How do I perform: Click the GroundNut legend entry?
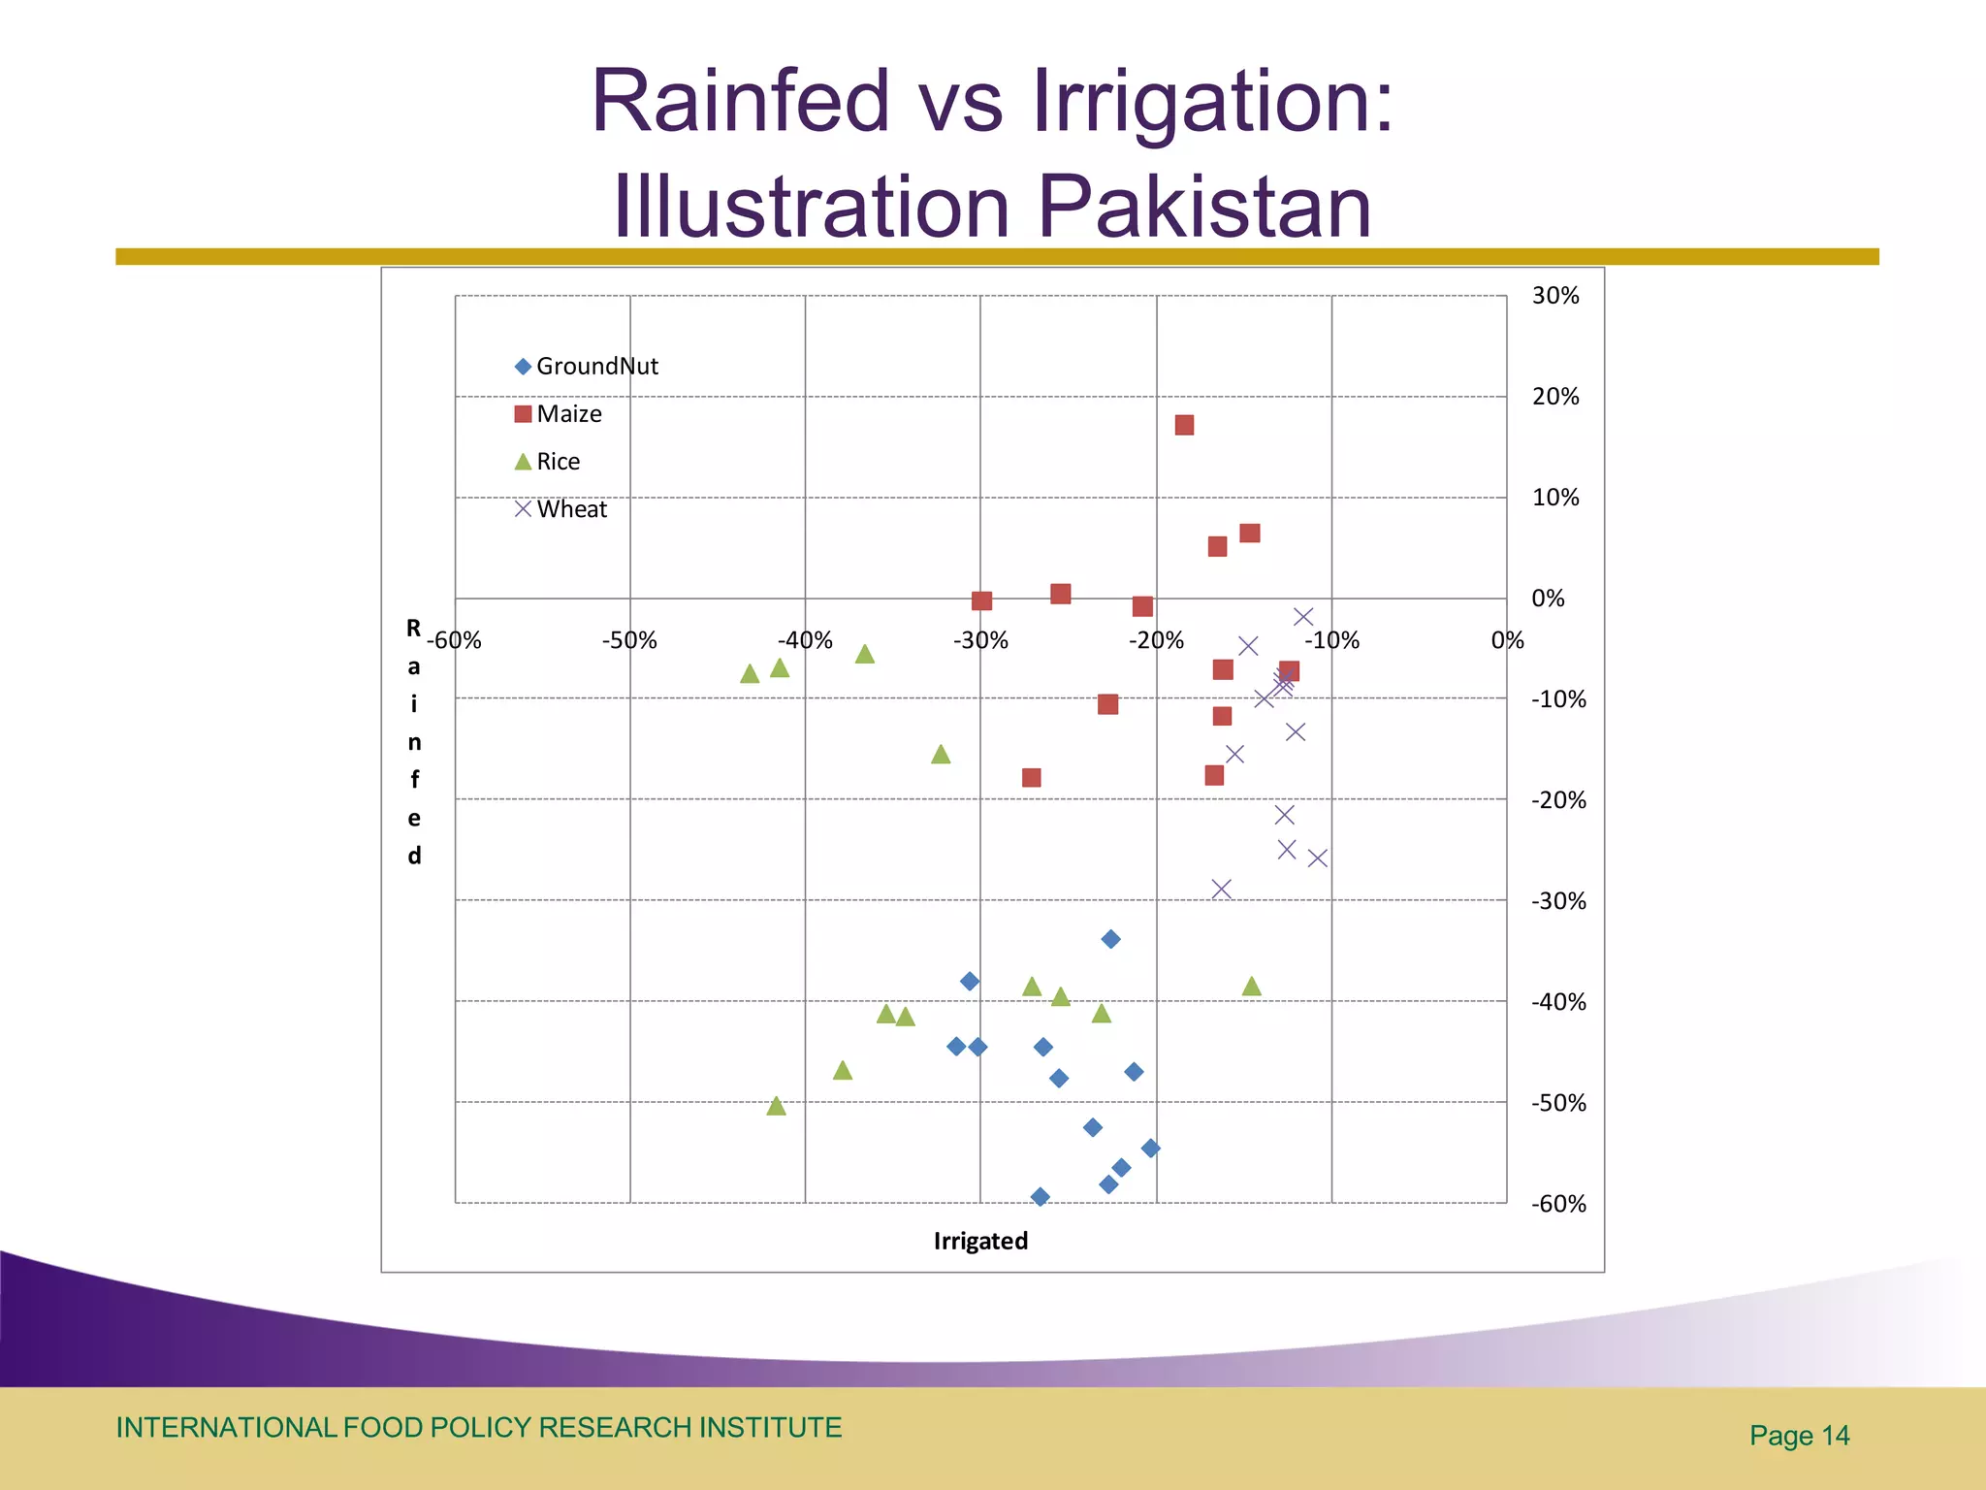(x=586, y=367)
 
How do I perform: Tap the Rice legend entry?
(x=548, y=462)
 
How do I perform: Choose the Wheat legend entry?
(x=561, y=509)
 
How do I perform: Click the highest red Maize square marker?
(x=1184, y=425)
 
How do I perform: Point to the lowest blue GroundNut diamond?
(x=1040, y=1196)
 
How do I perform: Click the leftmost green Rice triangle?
(x=750, y=673)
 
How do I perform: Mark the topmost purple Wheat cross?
(x=1303, y=616)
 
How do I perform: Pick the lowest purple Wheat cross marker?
(x=1222, y=889)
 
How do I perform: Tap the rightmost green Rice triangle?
(x=1252, y=987)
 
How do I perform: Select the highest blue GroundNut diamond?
(x=1111, y=939)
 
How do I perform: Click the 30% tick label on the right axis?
(x=1555, y=296)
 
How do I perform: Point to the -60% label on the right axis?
(x=1558, y=1204)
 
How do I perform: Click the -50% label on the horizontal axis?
(x=629, y=640)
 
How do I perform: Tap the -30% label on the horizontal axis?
(x=980, y=640)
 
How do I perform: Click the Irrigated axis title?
(x=980, y=1241)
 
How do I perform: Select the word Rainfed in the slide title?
(x=741, y=100)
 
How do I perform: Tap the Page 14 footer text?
(x=1799, y=1436)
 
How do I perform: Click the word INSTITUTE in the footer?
(x=770, y=1428)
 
